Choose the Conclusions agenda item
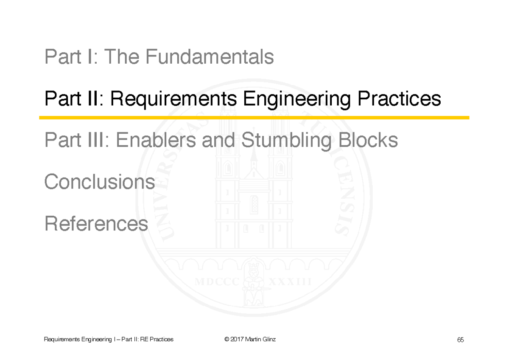click(99, 182)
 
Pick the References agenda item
click(96, 223)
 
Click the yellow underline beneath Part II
click(255, 118)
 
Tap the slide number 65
click(460, 340)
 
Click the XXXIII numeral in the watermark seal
click(290, 282)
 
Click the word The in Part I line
click(125, 57)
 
